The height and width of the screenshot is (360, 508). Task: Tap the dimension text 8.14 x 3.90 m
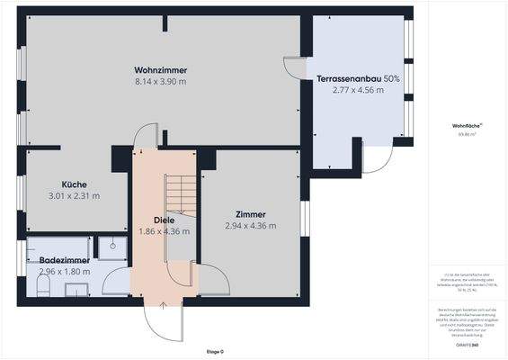[160, 81]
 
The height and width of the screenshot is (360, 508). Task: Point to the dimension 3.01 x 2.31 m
[74, 195]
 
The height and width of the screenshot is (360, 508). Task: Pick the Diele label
[164, 220]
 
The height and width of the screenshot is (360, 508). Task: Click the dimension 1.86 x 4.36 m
[164, 231]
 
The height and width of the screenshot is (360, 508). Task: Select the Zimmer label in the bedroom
[251, 214]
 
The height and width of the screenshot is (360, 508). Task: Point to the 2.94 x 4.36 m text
[251, 226]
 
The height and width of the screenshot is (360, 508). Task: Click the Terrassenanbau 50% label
[358, 79]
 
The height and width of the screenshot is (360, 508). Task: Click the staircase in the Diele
[181, 193]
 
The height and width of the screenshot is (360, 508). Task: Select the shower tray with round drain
[111, 245]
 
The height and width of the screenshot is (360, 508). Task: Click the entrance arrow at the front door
[163, 306]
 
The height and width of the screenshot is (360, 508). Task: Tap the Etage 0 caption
[214, 351]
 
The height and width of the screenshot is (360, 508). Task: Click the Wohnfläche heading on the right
[466, 126]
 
